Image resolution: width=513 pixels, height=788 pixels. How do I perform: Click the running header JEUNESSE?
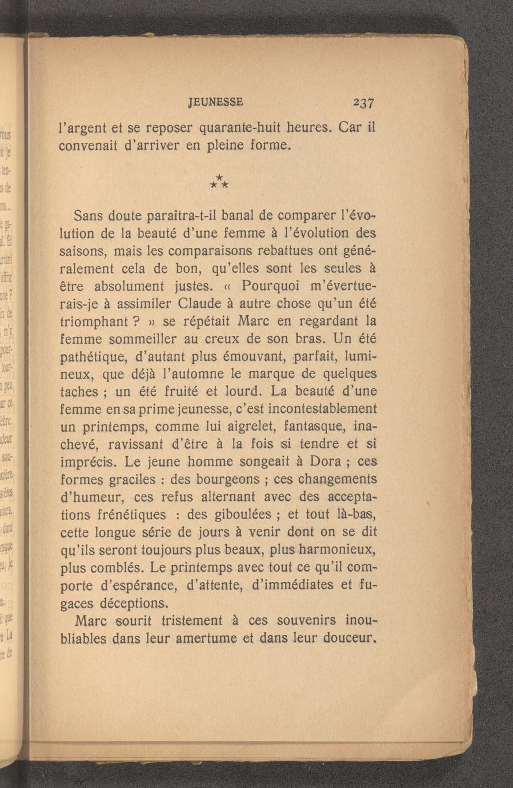[x=215, y=102]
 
